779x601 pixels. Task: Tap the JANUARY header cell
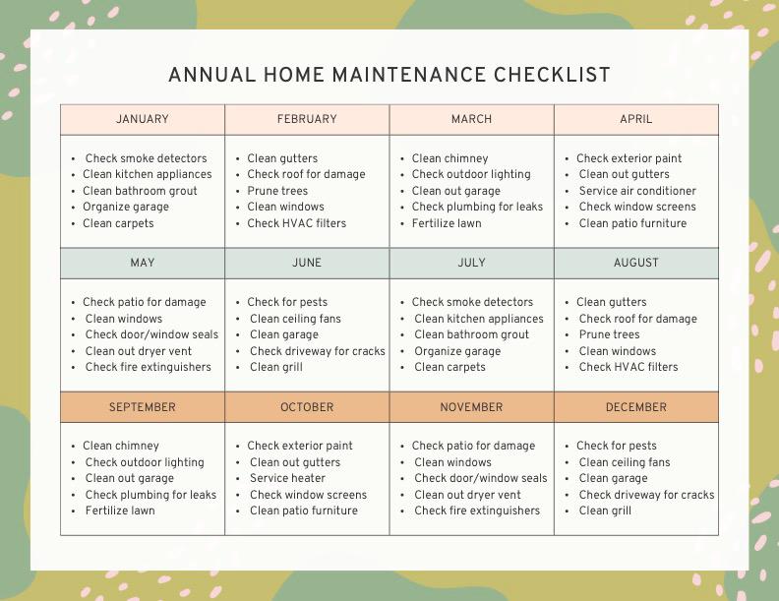143,119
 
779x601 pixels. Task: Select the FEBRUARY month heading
307,119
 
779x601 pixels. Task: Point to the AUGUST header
636,263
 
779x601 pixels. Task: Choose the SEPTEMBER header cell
143,407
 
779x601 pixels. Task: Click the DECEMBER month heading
636,407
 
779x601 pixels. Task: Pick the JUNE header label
307,263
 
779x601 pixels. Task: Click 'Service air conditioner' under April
637,191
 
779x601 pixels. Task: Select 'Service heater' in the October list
287,478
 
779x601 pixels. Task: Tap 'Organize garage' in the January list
126,207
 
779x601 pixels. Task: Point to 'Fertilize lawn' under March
447,223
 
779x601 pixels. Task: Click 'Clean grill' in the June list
276,367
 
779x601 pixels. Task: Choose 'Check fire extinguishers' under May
149,367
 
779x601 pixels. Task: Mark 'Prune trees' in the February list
277,191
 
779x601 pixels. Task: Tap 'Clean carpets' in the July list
449,367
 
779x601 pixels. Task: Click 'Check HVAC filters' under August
629,367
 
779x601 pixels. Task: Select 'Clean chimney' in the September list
120,446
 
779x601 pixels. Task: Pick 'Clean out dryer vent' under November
468,495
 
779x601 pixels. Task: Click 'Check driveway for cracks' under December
646,495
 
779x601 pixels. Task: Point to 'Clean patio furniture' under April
632,223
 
